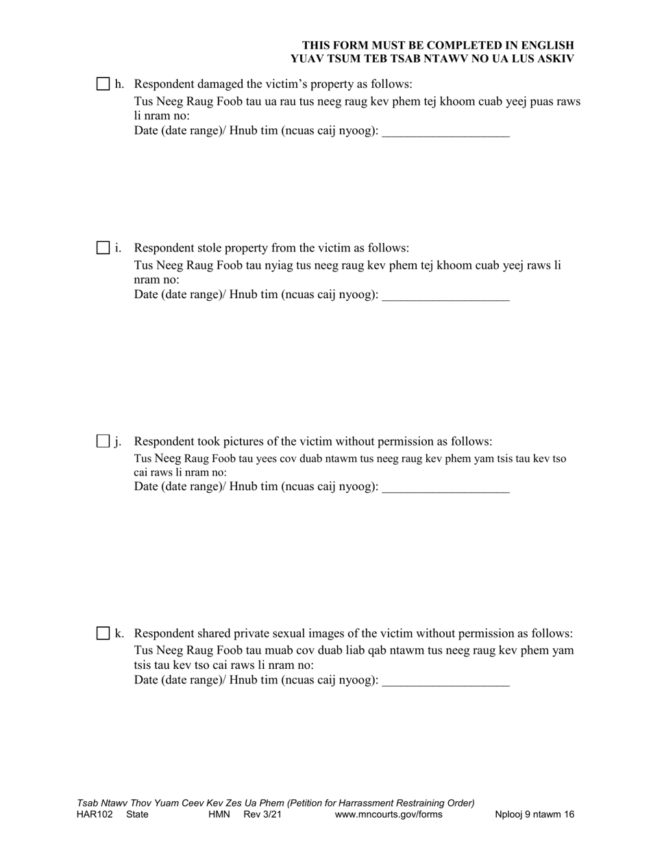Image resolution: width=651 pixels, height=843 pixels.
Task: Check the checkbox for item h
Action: [x=103, y=84]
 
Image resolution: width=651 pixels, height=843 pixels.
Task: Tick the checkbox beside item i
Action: [x=103, y=248]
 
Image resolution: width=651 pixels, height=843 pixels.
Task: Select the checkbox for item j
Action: [x=103, y=441]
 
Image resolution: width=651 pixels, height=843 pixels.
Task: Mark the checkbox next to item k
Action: [x=103, y=633]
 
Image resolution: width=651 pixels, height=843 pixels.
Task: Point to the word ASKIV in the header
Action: [x=554, y=58]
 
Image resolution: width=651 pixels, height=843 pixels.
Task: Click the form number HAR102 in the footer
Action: [x=95, y=815]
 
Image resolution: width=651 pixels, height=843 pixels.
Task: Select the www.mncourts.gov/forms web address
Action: [x=389, y=815]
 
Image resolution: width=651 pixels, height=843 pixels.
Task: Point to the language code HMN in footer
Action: [x=220, y=815]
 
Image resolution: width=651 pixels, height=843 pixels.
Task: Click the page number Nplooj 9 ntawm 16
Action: [x=535, y=815]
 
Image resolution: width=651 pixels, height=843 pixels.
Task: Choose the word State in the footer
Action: [x=137, y=815]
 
